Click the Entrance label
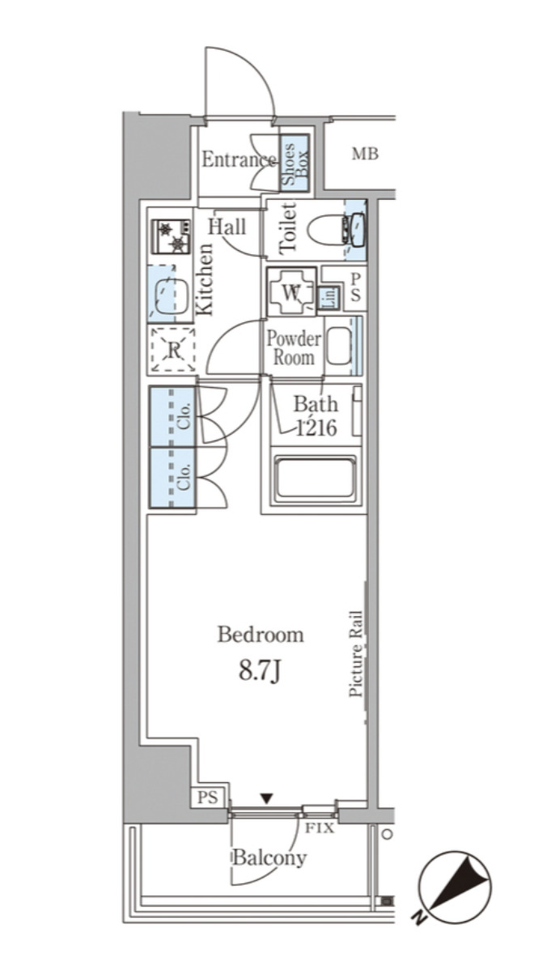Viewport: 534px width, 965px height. pos(239,160)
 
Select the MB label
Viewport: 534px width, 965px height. pos(365,155)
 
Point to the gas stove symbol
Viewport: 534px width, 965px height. pos(172,236)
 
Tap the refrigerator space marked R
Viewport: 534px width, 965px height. pos(173,351)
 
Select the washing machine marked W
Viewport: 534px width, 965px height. pos(291,291)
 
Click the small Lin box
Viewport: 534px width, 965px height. pos(330,297)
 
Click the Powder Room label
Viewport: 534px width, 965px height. pos(294,348)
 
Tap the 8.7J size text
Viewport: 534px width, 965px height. pos(260,670)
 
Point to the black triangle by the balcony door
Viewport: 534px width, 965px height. pos(265,799)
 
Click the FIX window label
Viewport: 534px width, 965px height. pos(320,828)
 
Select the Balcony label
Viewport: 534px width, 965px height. pos(269,858)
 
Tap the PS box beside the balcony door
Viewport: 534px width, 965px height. pos(208,797)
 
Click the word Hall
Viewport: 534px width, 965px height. pos(227,227)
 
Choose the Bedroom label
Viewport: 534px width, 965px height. pos(261,635)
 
